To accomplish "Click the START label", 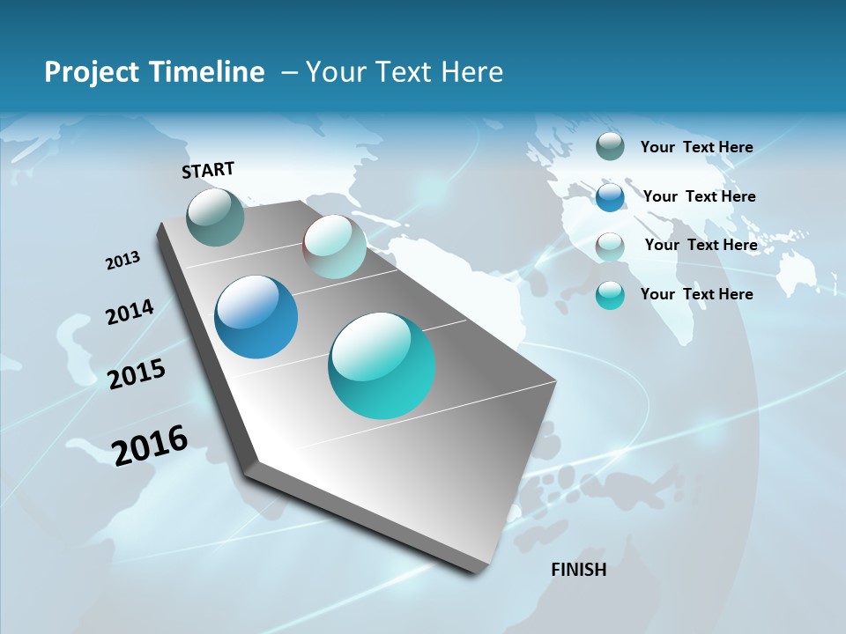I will [208, 170].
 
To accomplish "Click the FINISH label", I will [579, 570].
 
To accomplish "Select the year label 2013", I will [122, 260].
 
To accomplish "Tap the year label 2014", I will [130, 312].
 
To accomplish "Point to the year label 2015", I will [137, 374].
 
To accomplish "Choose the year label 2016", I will [150, 445].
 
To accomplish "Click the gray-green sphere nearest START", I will [216, 217].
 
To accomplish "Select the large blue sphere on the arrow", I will [256, 317].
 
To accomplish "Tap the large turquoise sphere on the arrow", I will [382, 365].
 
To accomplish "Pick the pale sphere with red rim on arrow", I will [334, 247].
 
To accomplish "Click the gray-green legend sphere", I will [610, 146].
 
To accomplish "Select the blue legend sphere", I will [610, 196].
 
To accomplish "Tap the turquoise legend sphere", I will [610, 294].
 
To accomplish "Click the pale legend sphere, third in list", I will [610, 245].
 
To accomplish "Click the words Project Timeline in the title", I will [154, 72].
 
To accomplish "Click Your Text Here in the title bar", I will [404, 72].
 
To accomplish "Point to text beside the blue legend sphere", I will [699, 196].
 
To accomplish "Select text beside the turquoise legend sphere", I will [696, 294].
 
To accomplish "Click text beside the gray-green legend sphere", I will [696, 147].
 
